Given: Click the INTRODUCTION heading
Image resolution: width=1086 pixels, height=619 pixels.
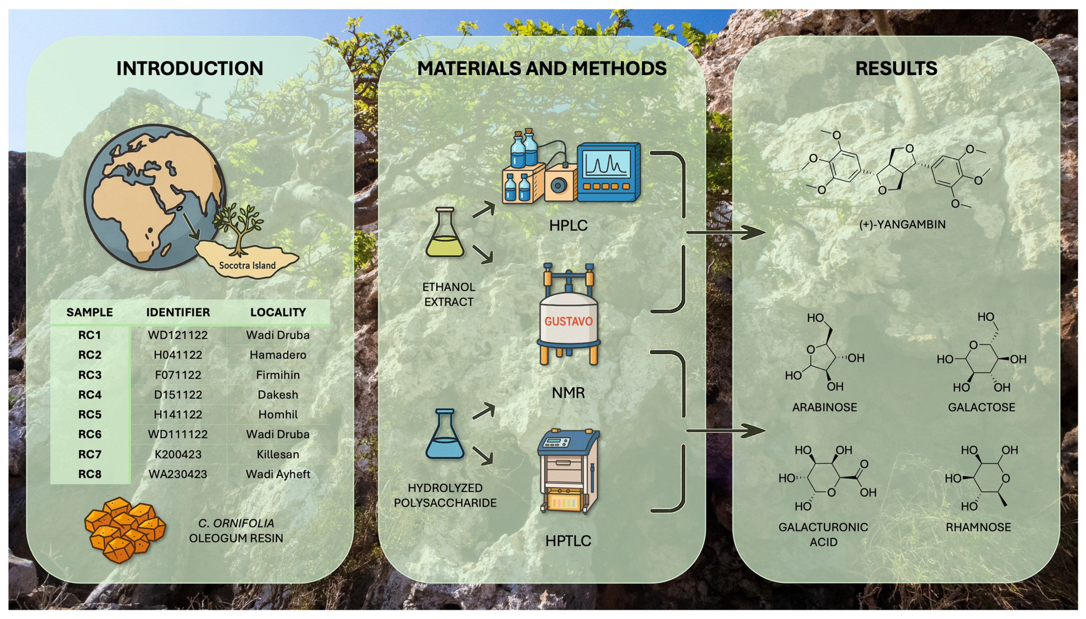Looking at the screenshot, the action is pyautogui.click(x=190, y=69).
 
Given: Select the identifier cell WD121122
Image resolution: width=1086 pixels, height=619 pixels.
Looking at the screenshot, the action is pyautogui.click(x=178, y=335).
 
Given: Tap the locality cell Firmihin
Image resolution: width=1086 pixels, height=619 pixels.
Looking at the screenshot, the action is pyautogui.click(x=278, y=375).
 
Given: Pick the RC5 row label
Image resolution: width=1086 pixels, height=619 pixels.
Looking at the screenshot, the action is pyautogui.click(x=90, y=414).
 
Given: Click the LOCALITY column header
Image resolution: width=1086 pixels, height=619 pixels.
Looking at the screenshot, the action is pyautogui.click(x=278, y=312).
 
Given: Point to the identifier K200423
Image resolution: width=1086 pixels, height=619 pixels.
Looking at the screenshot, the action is pyautogui.click(x=178, y=455).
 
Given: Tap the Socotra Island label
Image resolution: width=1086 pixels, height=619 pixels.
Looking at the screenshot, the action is pyautogui.click(x=247, y=265).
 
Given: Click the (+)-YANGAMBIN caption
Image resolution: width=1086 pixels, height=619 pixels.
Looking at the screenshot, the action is pyautogui.click(x=902, y=225).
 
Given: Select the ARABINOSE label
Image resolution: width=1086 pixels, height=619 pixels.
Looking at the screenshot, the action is pyautogui.click(x=824, y=407).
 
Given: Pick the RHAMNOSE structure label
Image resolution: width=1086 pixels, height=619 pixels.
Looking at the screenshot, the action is pyautogui.click(x=978, y=527).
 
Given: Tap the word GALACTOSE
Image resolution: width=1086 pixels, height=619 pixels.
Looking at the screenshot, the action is pyautogui.click(x=981, y=407).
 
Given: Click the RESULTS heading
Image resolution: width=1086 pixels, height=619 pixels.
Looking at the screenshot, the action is pyautogui.click(x=896, y=69).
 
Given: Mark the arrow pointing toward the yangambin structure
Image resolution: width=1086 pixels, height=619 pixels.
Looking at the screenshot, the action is pyautogui.click(x=727, y=232).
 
